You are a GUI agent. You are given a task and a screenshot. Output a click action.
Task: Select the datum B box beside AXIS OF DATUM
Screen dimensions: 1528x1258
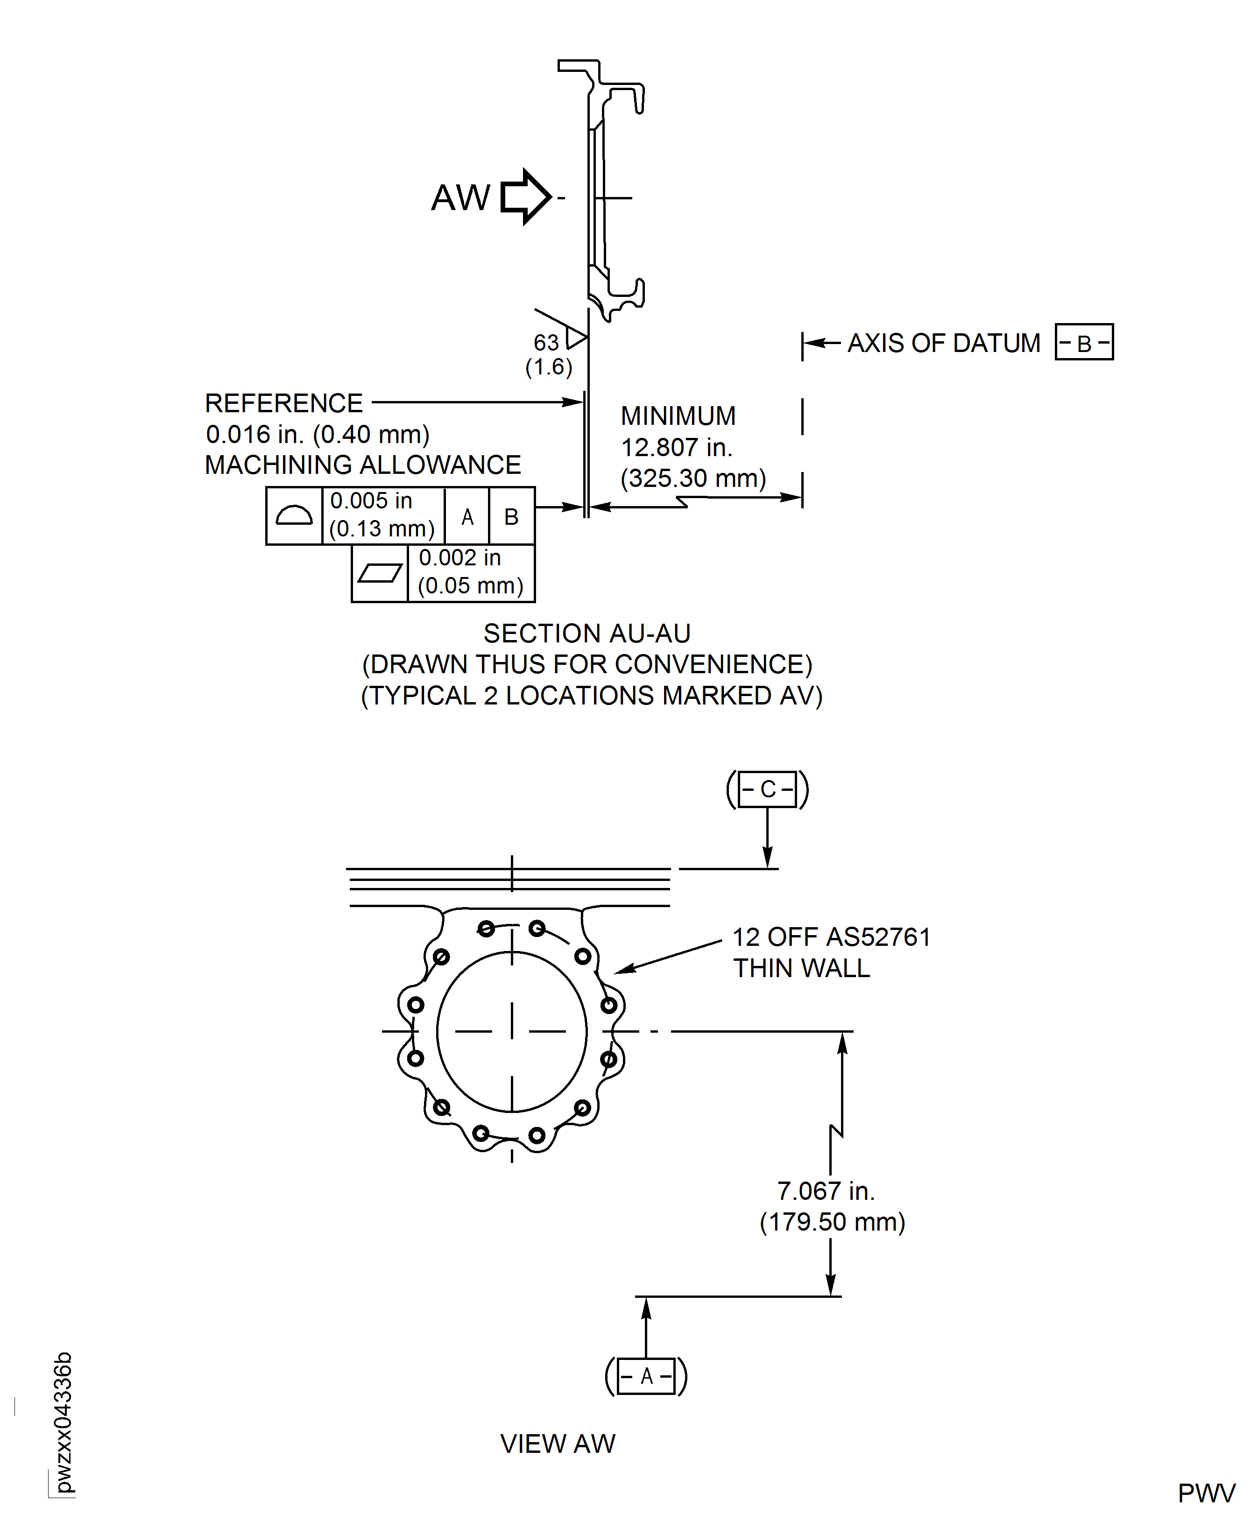(x=1083, y=342)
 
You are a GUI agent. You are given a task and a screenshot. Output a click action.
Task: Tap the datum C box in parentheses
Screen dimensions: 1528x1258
(x=767, y=789)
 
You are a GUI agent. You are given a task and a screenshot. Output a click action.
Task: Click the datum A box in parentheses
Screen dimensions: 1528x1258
(x=646, y=1376)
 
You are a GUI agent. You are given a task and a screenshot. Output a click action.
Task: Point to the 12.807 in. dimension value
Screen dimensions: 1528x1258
(x=677, y=448)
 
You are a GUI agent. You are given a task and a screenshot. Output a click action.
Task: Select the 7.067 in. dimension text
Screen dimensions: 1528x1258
(x=826, y=1191)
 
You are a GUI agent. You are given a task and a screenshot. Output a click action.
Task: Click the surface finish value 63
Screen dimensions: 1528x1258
(x=546, y=342)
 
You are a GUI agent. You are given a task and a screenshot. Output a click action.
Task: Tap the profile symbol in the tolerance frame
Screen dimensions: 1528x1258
(x=294, y=516)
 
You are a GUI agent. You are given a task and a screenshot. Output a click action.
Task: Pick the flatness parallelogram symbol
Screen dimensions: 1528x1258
(x=380, y=573)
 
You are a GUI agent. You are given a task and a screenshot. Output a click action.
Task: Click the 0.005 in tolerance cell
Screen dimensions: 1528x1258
(x=382, y=514)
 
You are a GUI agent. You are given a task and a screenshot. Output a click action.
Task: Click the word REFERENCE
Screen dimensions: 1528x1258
(x=283, y=403)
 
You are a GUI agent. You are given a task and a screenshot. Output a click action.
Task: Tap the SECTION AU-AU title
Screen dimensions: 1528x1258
(x=587, y=633)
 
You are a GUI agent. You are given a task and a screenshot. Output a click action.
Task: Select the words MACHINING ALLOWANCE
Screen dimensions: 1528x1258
(x=362, y=465)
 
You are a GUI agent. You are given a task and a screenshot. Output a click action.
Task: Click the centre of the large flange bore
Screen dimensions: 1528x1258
(x=512, y=1031)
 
